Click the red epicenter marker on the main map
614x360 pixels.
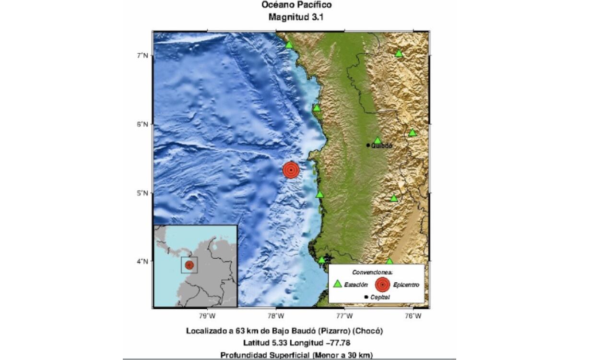coord(291,170)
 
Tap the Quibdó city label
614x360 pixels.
coord(382,145)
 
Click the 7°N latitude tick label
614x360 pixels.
coord(142,56)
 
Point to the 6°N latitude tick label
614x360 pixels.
coord(142,124)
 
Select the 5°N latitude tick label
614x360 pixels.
coord(142,193)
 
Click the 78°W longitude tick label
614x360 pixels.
coord(275,316)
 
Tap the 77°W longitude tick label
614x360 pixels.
coord(344,316)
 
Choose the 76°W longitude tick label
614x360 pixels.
coord(413,316)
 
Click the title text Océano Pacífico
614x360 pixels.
coord(296,5)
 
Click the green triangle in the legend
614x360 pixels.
coord(338,284)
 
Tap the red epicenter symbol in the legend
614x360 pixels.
coord(382,285)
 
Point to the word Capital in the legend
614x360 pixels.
coord(380,298)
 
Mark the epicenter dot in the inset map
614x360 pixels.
coord(189,264)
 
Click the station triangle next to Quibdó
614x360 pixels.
coord(378,140)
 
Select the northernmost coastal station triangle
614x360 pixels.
coord(289,45)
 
